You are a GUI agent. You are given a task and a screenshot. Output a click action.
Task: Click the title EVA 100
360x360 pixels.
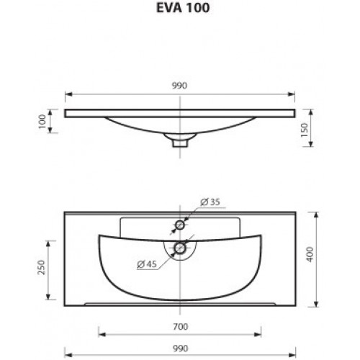(x=183, y=7)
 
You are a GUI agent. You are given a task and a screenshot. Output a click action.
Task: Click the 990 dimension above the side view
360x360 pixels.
(x=179, y=86)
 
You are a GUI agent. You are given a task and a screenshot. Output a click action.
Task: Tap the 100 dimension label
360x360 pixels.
(x=42, y=122)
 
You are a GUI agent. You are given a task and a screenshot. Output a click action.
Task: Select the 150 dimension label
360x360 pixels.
(x=305, y=130)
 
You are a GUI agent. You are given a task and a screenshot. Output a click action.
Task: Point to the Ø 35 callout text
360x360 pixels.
(x=210, y=202)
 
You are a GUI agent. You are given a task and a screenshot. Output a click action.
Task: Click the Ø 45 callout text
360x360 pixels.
(x=147, y=264)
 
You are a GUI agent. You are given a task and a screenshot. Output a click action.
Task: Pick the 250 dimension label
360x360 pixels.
(x=41, y=268)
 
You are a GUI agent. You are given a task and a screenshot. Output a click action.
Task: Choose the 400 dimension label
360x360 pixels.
(x=310, y=254)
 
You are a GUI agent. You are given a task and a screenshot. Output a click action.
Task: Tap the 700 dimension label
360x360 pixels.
(x=180, y=327)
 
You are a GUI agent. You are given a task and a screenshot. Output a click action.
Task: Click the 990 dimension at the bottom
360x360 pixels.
(x=180, y=348)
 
